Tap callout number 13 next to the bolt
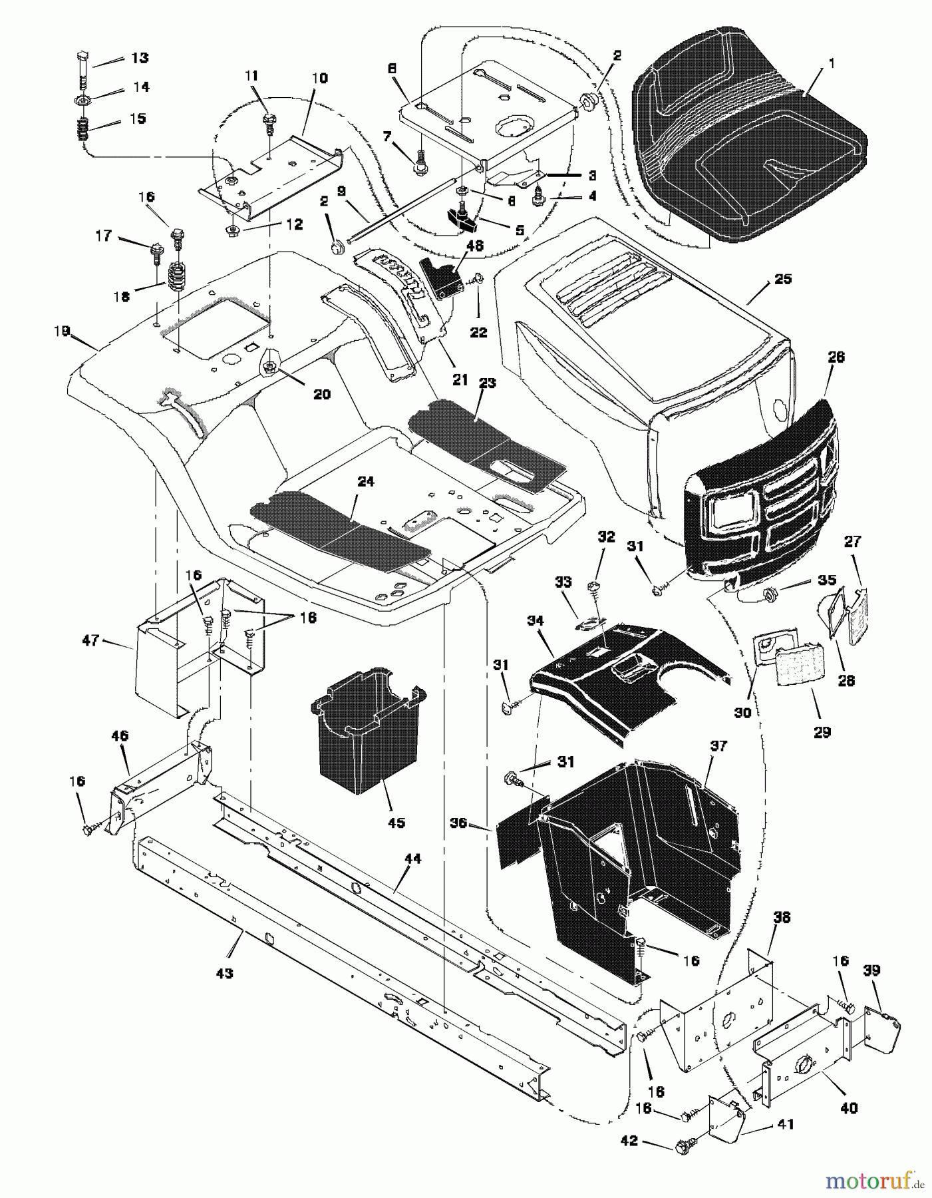(139, 58)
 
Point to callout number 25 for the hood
(783, 279)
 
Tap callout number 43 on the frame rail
(224, 974)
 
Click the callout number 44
(412, 859)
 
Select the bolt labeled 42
(682, 1145)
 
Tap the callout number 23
(488, 383)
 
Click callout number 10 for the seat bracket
(319, 79)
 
